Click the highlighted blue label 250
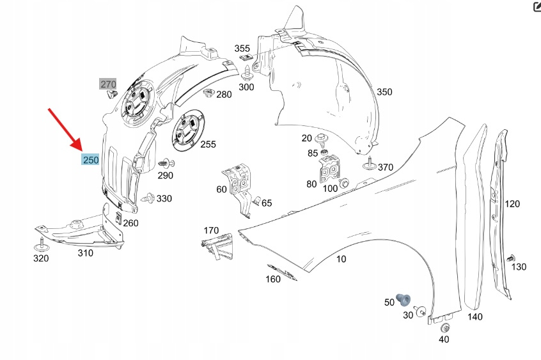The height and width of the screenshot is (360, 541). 90,159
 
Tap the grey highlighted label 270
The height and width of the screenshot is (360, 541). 107,84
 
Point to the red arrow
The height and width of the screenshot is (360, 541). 65,129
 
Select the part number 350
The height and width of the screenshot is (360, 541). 384,92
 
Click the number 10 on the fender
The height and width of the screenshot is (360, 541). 341,258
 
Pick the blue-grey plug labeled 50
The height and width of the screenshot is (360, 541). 404,299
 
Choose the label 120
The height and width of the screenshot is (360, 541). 512,204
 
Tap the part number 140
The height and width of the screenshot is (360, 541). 474,317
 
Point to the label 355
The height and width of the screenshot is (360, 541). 242,49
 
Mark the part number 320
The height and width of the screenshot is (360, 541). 40,258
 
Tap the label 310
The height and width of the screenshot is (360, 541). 84,253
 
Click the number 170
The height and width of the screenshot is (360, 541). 211,230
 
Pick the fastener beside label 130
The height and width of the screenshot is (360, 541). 510,258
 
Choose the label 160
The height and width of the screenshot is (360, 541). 272,279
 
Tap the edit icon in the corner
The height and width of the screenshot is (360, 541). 536,6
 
